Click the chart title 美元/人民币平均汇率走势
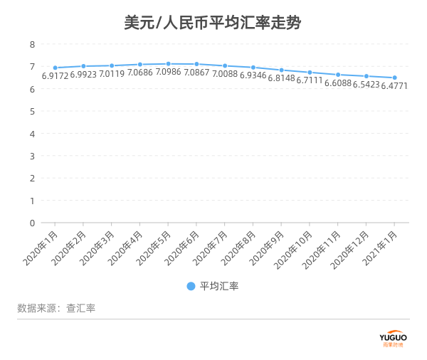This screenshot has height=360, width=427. [213, 23]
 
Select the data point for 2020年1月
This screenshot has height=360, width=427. [55, 68]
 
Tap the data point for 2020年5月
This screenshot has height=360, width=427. [168, 64]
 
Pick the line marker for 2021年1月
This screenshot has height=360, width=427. [394, 78]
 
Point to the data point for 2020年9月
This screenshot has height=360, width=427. [281, 70]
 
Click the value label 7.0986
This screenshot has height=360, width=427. [168, 73]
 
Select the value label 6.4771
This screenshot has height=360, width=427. [394, 86]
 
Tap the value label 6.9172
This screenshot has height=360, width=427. [55, 75]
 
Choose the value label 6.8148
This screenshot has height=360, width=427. [281, 78]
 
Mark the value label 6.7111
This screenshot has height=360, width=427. [310, 80]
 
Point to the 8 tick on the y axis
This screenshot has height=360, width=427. [32, 44]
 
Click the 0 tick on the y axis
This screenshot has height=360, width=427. [32, 223]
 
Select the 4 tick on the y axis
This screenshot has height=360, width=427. [32, 134]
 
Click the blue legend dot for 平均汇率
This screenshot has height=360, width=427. [191, 286]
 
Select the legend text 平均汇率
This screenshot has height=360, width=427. [219, 286]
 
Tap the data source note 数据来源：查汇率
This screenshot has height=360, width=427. [56, 308]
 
